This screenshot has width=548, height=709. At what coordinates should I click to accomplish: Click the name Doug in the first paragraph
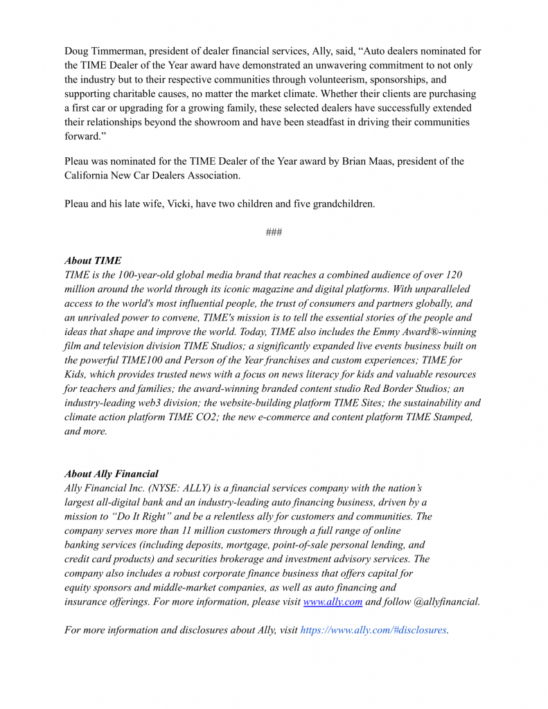pyautogui.click(x=78, y=51)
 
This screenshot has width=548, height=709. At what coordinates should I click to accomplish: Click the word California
pyautogui.click(x=88, y=175)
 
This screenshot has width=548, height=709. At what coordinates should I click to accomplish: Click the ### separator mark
pyautogui.click(x=274, y=233)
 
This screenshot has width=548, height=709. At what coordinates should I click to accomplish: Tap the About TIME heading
pyautogui.click(x=93, y=261)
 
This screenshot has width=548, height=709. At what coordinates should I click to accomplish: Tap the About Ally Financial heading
pyautogui.click(x=111, y=474)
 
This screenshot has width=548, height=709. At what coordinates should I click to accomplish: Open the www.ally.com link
pyautogui.click(x=333, y=602)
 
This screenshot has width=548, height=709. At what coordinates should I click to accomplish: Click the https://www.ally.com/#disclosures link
pyautogui.click(x=373, y=630)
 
